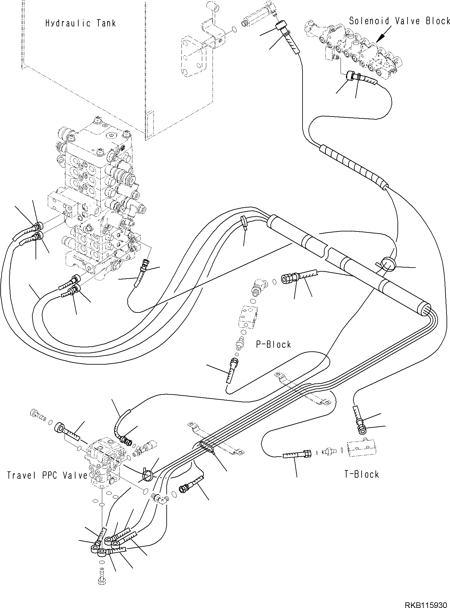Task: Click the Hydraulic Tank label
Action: [x=81, y=23]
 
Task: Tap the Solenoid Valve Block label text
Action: [x=399, y=21]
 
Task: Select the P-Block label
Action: [x=273, y=345]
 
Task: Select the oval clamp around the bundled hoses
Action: [x=207, y=446]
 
